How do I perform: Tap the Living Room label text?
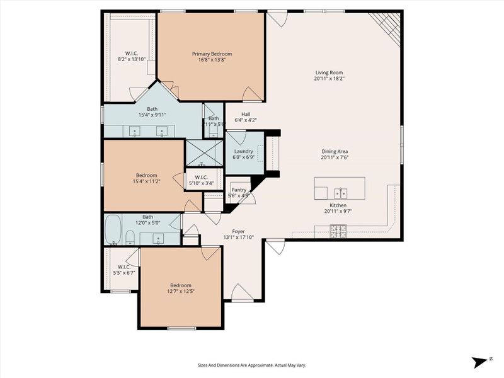coord(329,72)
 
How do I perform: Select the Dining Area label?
coord(335,151)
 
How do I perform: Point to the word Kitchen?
coord(338,205)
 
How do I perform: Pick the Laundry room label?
coord(243,151)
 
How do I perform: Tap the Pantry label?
coord(239,189)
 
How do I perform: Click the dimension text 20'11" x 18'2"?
coord(329,79)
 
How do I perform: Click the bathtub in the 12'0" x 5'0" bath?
coord(113,230)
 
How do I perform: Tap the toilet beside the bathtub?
coord(130,237)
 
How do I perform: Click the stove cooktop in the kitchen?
coord(338,232)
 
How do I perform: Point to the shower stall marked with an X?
coord(203,153)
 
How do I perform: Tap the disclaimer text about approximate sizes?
coord(251,365)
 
